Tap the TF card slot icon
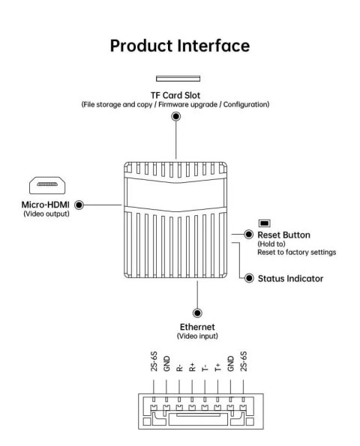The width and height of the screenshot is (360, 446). tap(178, 78)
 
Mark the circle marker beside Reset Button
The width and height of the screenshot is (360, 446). tap(247, 235)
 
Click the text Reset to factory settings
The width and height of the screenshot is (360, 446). tap(296, 253)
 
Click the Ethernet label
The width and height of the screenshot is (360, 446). tap(196, 327)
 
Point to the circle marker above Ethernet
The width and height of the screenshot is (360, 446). tap(196, 313)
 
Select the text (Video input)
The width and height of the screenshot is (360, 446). tap(196, 337)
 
